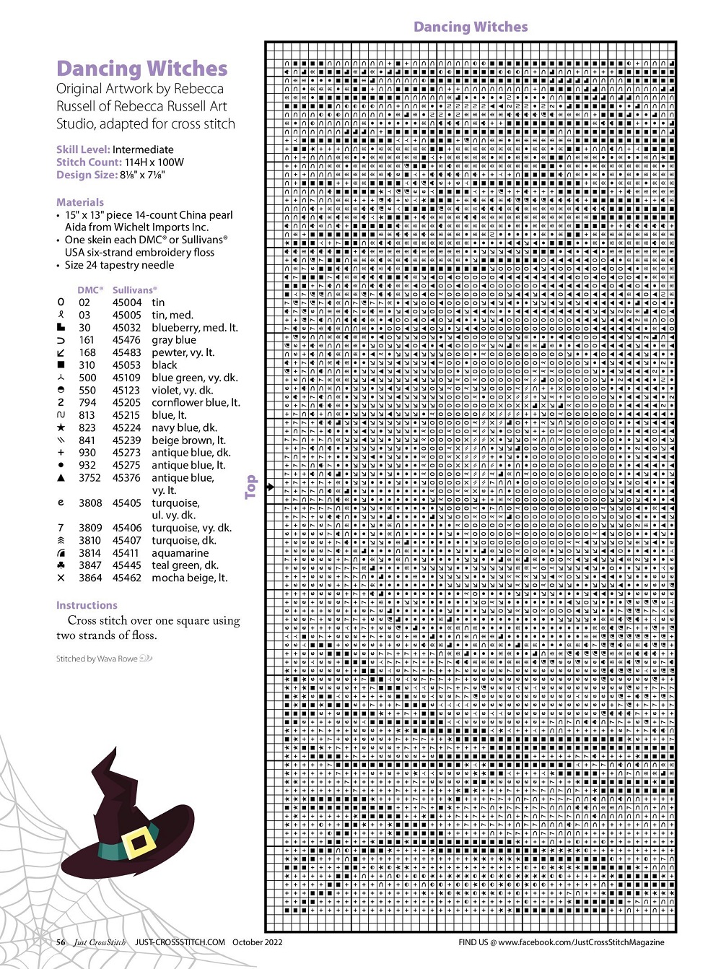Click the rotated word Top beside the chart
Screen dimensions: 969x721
point(250,487)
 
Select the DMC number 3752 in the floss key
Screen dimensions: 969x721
point(89,478)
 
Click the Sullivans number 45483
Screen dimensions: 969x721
point(126,352)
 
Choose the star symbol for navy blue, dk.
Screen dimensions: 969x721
point(61,427)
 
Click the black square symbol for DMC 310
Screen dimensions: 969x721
point(61,365)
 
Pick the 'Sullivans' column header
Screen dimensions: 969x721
point(134,290)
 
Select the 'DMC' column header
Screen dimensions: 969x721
point(89,290)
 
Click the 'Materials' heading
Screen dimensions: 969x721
point(80,202)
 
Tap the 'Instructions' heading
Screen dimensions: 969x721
point(87,605)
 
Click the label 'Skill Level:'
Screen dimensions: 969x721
point(82,149)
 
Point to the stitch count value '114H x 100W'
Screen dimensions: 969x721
point(154,162)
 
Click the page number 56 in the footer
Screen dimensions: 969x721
point(61,942)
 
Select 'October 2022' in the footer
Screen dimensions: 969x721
point(257,942)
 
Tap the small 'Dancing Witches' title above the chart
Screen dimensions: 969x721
point(471,27)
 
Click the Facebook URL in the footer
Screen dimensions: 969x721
point(581,942)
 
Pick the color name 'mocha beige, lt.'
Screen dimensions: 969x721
point(189,578)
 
